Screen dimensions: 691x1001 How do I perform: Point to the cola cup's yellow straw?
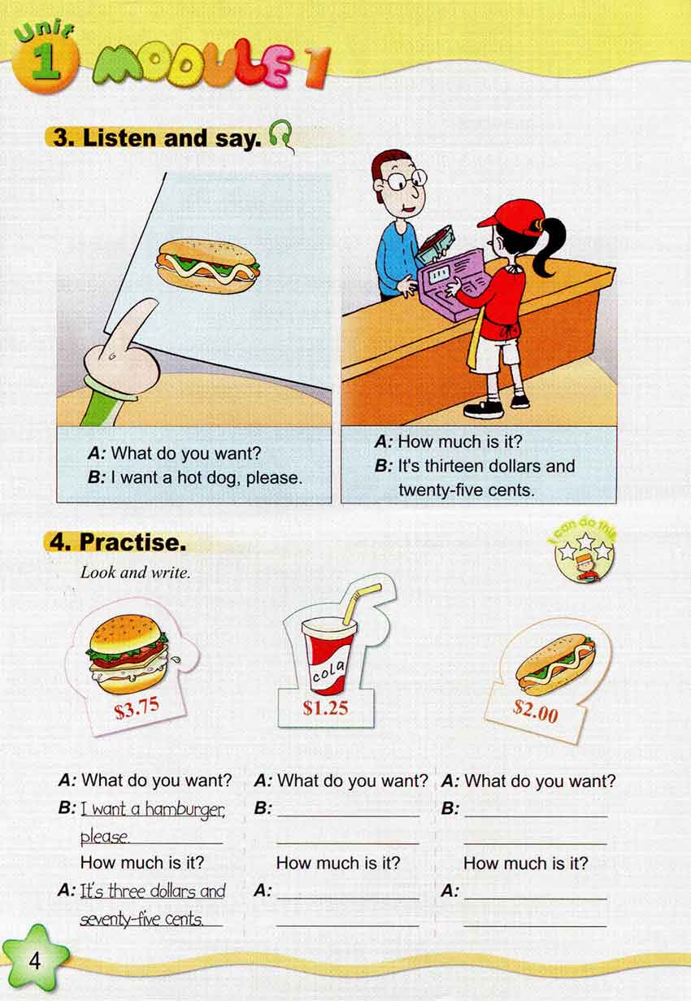click(x=362, y=603)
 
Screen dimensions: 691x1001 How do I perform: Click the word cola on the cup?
click(x=328, y=671)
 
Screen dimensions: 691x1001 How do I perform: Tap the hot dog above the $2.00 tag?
click(x=555, y=665)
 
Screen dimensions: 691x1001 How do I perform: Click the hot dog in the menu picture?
click(x=207, y=267)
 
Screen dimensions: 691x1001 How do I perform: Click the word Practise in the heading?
click(x=133, y=542)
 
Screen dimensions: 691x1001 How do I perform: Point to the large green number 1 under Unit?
click(x=46, y=63)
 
